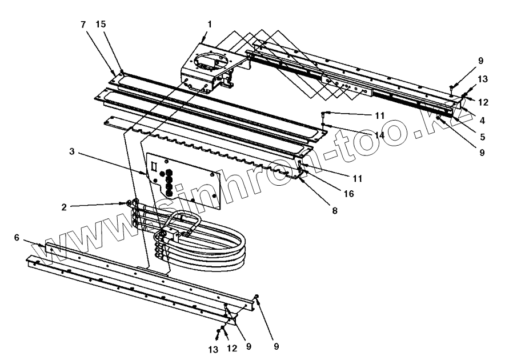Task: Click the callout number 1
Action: tap(210, 25)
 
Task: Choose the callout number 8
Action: tap(335, 210)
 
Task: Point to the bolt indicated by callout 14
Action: tap(323, 123)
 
